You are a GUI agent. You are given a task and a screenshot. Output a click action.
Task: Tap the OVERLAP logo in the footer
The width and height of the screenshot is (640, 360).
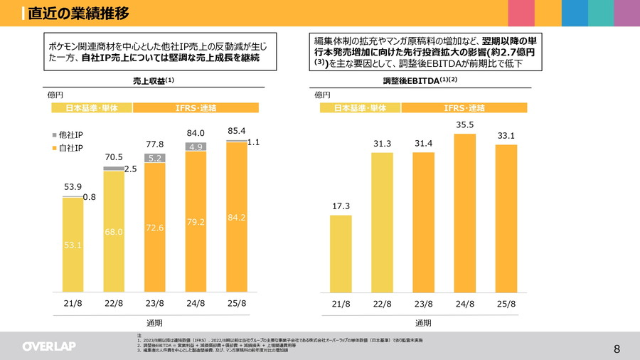pos(48,346)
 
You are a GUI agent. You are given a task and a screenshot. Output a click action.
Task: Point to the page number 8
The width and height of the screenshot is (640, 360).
pos(617,349)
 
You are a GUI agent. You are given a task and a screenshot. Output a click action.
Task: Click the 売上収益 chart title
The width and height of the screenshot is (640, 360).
pos(153,81)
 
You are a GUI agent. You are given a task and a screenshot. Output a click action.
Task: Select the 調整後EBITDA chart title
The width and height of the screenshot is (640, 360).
pos(420,81)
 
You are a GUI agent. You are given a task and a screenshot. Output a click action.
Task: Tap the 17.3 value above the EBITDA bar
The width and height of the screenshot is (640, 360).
pos(341,206)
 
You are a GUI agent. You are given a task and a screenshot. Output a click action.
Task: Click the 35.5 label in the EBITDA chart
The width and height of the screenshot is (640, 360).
pos(464,125)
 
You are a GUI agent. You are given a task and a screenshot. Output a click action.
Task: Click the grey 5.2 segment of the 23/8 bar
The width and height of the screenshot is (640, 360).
pos(155,158)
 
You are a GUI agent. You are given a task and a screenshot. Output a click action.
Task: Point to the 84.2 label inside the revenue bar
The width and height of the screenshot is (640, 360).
pos(237,217)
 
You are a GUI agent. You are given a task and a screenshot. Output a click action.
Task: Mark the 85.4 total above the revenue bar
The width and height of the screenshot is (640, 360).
pos(236,132)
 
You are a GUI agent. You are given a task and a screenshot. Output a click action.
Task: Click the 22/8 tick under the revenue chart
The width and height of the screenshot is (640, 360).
pos(114,304)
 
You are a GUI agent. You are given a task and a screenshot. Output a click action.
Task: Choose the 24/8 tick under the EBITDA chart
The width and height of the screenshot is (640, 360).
pos(464,304)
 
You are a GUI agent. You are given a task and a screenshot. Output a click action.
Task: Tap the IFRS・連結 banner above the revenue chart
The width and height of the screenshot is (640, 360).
pos(196,107)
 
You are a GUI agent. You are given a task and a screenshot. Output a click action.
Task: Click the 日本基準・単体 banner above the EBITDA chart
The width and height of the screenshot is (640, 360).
pos(360,107)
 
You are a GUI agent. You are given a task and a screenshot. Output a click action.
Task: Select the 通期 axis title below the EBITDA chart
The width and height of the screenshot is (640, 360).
pos(423,323)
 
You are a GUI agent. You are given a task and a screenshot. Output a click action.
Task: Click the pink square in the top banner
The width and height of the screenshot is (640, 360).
pos(521,13)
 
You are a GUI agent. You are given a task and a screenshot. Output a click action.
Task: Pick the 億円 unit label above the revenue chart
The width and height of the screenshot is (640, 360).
pos(55,95)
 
